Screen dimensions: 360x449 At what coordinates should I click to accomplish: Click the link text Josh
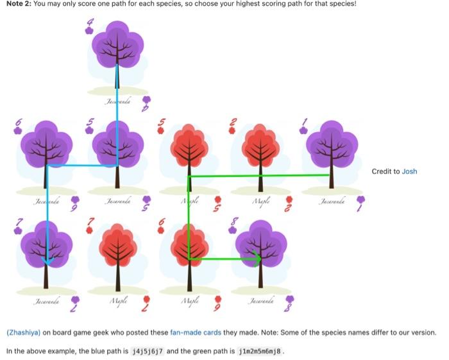409,171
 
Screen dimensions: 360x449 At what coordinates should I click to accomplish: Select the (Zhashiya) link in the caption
23,332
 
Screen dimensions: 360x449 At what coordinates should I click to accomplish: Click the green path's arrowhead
257,259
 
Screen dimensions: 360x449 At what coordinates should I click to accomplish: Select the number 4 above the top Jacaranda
90,25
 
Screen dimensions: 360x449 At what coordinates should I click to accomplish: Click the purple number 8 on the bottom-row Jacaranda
235,224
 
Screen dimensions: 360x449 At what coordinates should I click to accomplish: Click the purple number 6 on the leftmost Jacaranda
19,123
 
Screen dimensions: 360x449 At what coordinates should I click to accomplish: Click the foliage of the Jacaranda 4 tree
117,45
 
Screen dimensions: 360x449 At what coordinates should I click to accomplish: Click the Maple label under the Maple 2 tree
260,201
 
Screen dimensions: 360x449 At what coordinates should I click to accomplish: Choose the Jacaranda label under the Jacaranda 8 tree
260,301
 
